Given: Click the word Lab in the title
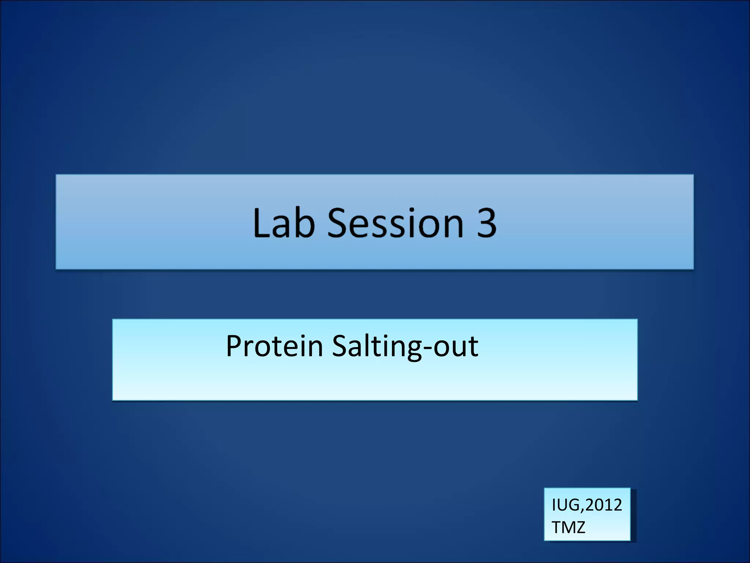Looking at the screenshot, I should tap(284, 222).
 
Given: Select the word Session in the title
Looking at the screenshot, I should tap(396, 222).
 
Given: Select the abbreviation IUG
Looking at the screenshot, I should tap(567, 505).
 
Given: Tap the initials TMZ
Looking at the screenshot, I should tap(568, 527).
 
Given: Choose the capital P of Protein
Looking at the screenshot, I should tap(234, 346).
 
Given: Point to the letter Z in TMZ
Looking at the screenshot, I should tap(580, 527).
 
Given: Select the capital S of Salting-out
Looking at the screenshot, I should tap(341, 346).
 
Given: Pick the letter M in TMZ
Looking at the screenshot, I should tap(568, 527).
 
